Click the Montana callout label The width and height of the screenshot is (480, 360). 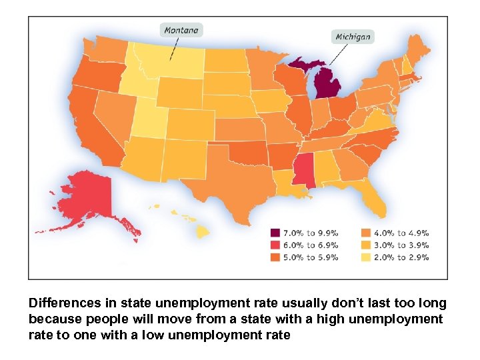181,30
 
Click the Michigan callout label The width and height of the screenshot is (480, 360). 353,36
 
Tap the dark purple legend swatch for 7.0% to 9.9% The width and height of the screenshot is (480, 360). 275,233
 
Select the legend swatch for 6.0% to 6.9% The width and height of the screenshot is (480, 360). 275,245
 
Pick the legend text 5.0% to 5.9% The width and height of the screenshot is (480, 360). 311,257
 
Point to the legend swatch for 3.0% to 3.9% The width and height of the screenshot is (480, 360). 365,245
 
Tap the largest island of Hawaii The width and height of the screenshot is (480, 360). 203,231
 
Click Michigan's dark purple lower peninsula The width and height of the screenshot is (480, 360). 327,84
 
